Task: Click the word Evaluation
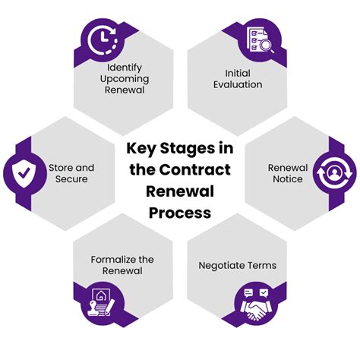pos(238,84)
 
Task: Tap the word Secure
pos(71,179)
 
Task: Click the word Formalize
pos(102,258)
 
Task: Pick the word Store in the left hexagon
pos(61,167)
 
